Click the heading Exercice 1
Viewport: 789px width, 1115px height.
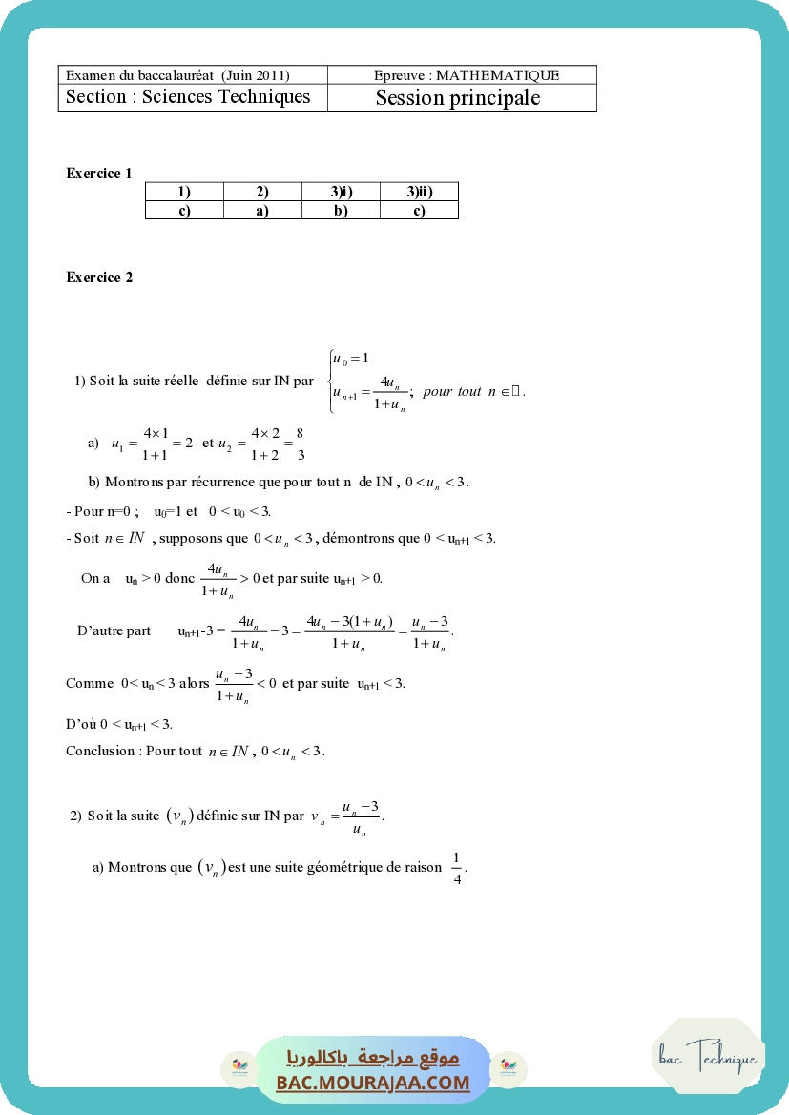[x=99, y=174]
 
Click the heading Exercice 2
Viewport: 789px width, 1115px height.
[x=99, y=278]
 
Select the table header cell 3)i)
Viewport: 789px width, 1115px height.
[x=341, y=192]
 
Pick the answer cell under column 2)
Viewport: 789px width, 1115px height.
[x=262, y=211]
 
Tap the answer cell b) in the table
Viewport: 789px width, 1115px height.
[x=341, y=211]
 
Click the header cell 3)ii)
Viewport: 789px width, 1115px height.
[x=419, y=192]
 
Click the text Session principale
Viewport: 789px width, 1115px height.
[x=457, y=98]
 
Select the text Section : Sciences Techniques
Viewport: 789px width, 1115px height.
[x=188, y=97]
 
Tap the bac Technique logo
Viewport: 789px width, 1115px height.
[x=708, y=1057]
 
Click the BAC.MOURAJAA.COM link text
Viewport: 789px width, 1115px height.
[x=373, y=1083]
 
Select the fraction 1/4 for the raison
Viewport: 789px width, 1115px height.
[x=457, y=868]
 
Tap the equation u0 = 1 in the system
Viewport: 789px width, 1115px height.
[x=350, y=359]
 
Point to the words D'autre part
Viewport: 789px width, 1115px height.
[x=114, y=631]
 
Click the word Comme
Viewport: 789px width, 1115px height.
[x=86, y=684]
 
